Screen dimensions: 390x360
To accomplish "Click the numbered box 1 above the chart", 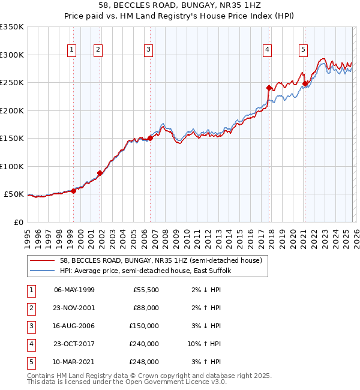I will (x=71, y=50).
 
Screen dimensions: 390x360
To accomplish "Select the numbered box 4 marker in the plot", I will (x=267, y=50).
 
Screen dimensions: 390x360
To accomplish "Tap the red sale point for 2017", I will (x=269, y=88).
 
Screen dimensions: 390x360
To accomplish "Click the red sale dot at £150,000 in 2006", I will (x=150, y=138).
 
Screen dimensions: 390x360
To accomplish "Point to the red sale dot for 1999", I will (x=73, y=191).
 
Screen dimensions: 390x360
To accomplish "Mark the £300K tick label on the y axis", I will (x=12, y=55).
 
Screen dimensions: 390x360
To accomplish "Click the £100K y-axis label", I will (x=12, y=166).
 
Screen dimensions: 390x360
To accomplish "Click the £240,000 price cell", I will (x=144, y=344).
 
